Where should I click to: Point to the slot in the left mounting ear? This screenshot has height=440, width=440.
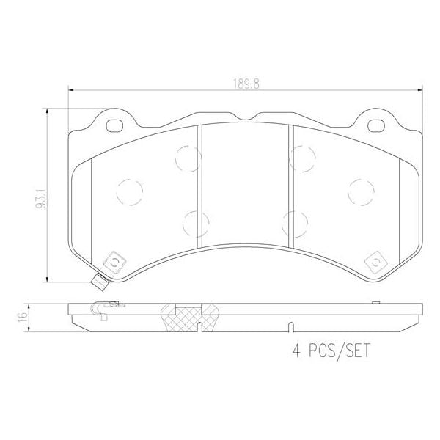[x=115, y=125]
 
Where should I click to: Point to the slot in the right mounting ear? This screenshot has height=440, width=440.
[x=375, y=125]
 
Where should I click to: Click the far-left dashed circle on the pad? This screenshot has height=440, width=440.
[x=129, y=191]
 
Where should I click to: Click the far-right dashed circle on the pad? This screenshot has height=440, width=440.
[x=361, y=191]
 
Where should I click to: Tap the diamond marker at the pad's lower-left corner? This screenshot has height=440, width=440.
[x=114, y=261]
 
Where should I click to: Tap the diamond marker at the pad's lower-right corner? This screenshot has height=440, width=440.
[x=375, y=261]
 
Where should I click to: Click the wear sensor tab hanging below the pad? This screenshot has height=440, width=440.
[x=98, y=282]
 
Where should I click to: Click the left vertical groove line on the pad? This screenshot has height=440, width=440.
[x=199, y=183]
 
